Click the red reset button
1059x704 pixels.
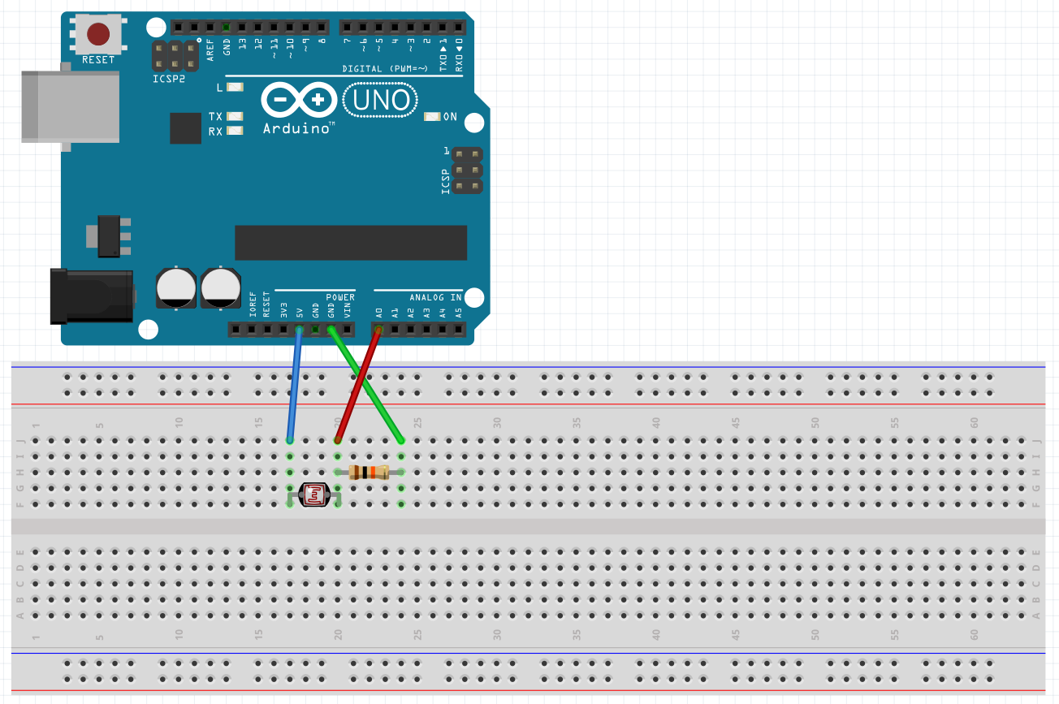(x=98, y=34)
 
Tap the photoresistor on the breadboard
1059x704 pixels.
(x=314, y=495)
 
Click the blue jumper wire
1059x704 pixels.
(x=295, y=385)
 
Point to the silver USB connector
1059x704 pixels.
(x=70, y=106)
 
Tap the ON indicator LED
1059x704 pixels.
(x=431, y=117)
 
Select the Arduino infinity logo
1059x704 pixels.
(x=299, y=101)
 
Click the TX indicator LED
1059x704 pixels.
(x=236, y=117)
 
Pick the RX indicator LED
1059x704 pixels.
(x=236, y=131)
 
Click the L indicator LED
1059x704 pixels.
(x=236, y=87)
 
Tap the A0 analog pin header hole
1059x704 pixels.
(x=378, y=330)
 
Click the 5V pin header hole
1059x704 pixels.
(x=299, y=330)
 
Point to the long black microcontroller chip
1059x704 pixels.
(x=351, y=242)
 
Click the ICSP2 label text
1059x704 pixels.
(x=169, y=79)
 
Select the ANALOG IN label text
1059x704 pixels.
(x=435, y=297)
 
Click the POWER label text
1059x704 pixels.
(x=340, y=297)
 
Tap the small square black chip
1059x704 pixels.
(x=185, y=128)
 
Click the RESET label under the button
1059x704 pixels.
(x=98, y=60)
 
